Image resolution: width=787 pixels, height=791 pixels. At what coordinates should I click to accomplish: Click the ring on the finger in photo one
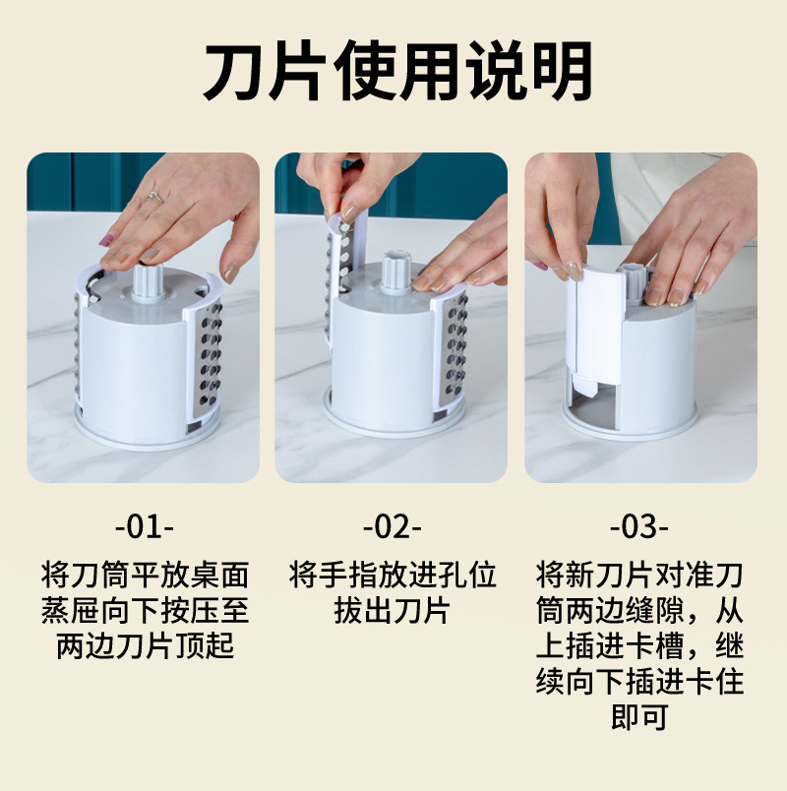(153, 196)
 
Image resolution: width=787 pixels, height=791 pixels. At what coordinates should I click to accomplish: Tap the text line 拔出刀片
(392, 610)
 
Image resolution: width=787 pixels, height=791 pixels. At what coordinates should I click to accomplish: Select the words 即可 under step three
(639, 717)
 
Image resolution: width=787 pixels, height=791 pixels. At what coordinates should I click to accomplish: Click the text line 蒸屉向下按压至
(144, 610)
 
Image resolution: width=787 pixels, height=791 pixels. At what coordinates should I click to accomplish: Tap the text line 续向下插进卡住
(639, 681)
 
